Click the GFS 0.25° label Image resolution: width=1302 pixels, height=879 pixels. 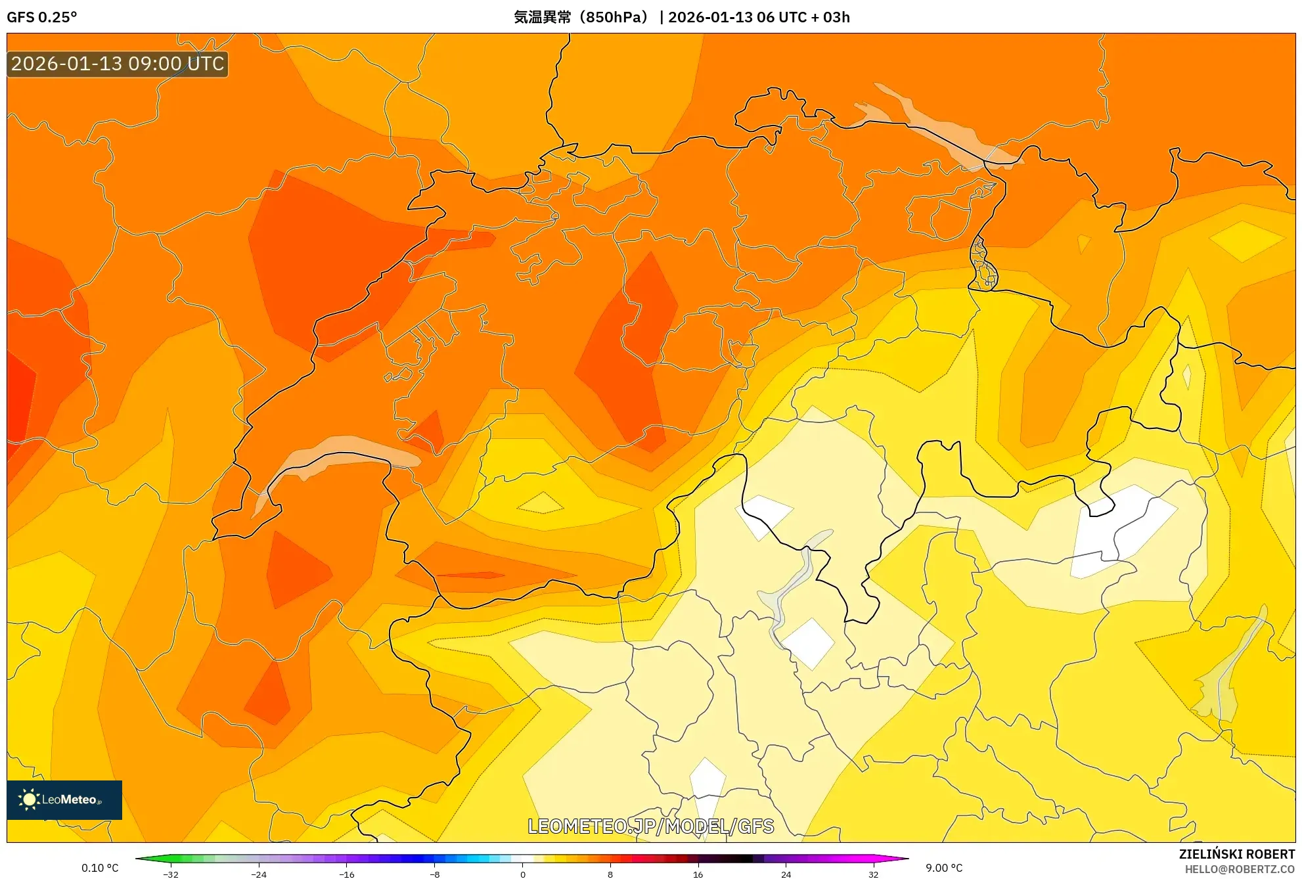41,17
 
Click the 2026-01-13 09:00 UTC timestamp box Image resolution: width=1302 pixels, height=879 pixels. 118,64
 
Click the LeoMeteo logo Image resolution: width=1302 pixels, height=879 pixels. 64,800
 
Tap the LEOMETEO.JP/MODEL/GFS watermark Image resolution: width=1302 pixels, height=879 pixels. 650,826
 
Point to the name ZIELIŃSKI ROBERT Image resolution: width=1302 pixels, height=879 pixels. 1236,854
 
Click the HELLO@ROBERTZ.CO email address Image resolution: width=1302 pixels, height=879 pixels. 1239,869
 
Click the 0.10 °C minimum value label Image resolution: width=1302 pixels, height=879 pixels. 100,868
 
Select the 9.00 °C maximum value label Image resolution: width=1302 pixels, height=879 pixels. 944,868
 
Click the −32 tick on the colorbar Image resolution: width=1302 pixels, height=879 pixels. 171,874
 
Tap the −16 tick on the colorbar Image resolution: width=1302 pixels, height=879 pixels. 346,874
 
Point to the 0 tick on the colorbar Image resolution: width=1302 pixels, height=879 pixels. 523,874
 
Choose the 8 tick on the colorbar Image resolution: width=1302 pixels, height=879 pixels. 610,874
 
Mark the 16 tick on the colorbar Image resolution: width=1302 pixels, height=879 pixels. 698,874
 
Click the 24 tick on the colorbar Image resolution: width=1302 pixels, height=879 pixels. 786,874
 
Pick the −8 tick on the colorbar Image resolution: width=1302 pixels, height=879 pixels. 434,874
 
